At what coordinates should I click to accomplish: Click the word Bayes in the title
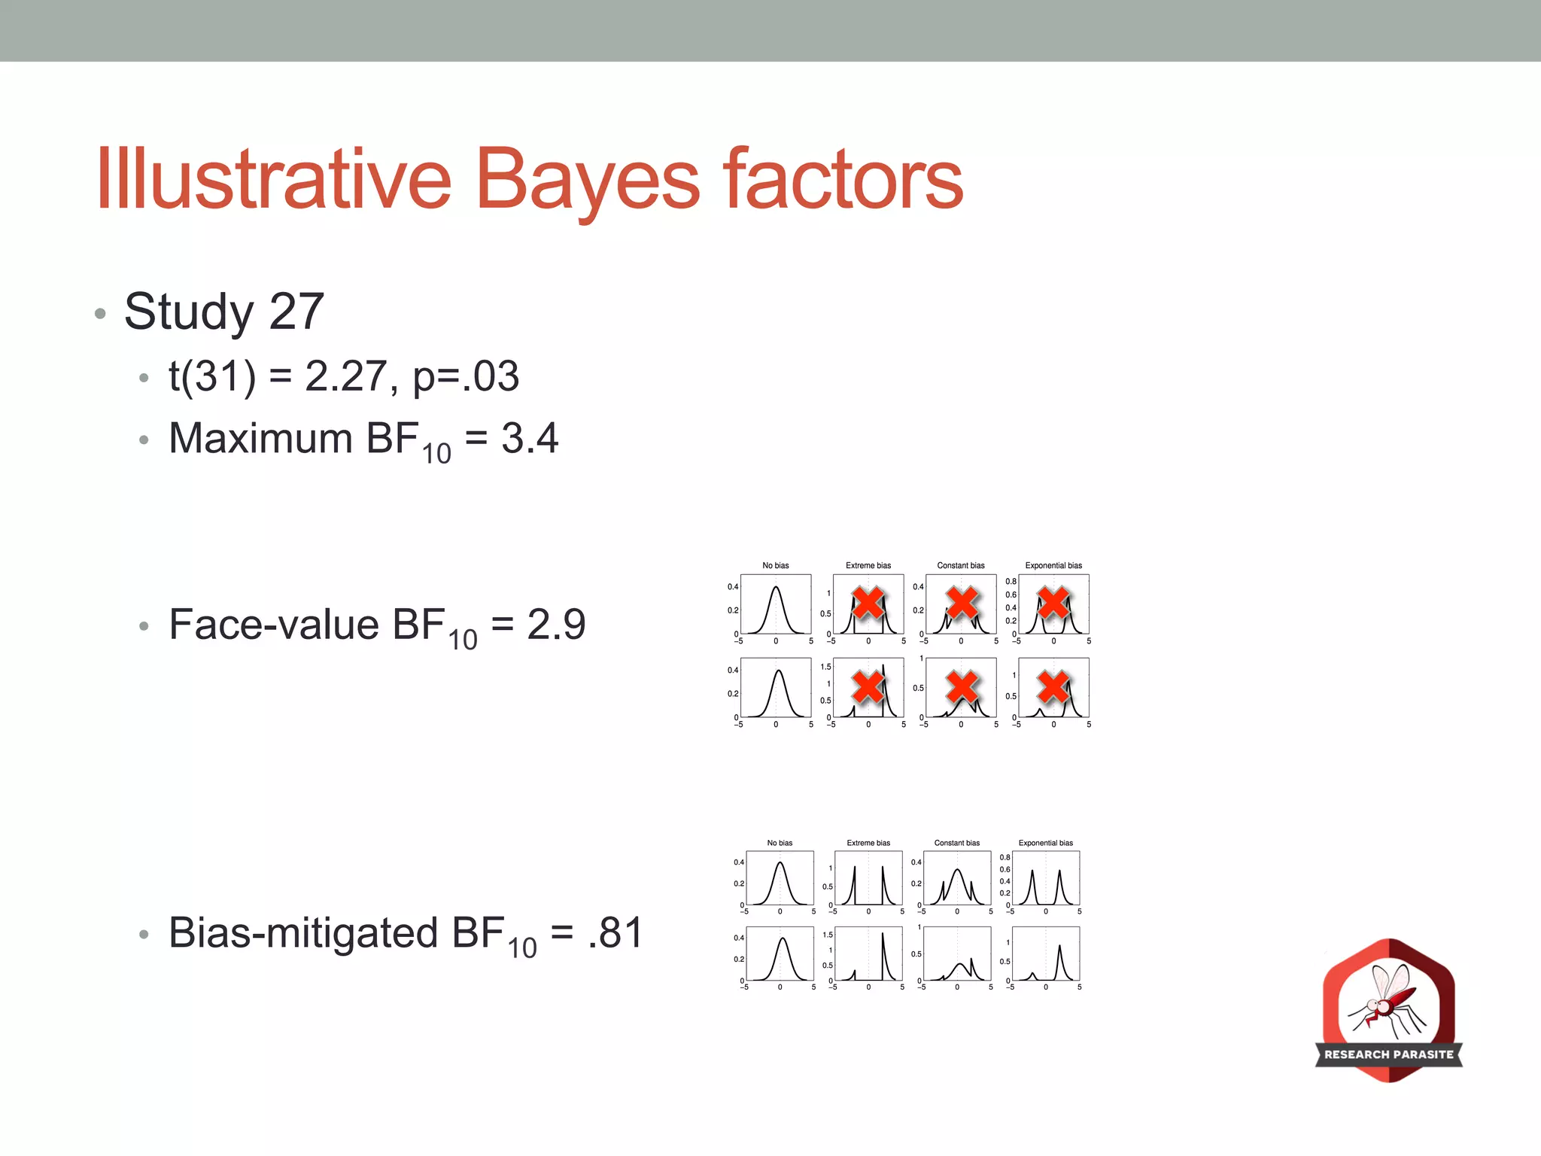[588, 181]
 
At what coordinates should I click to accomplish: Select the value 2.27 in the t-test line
[347, 376]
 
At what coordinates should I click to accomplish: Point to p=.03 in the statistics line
[466, 376]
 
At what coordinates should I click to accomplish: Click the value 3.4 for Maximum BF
[530, 438]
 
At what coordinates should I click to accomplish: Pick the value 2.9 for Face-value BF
[556, 625]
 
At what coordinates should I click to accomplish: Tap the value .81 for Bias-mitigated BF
[615, 933]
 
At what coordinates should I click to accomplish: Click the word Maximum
[260, 438]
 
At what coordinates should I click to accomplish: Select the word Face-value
[274, 625]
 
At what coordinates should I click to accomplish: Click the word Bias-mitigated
[303, 933]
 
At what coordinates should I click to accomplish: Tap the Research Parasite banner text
[1389, 1054]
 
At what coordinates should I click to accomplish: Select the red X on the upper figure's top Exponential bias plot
[1053, 603]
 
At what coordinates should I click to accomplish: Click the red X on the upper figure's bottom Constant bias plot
[962, 686]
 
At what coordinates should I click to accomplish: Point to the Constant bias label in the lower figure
[956, 843]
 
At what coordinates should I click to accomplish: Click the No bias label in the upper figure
[776, 565]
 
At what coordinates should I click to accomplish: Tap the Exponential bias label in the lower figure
[1046, 843]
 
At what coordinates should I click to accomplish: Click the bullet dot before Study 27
[100, 313]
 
